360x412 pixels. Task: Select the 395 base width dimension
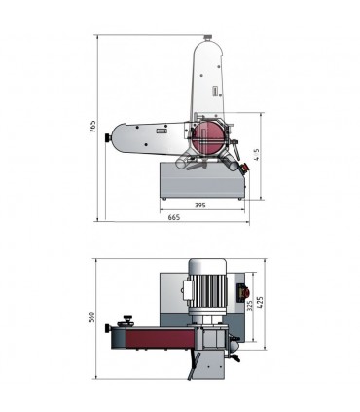click(199, 206)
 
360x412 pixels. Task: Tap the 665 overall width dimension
click(174, 218)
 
